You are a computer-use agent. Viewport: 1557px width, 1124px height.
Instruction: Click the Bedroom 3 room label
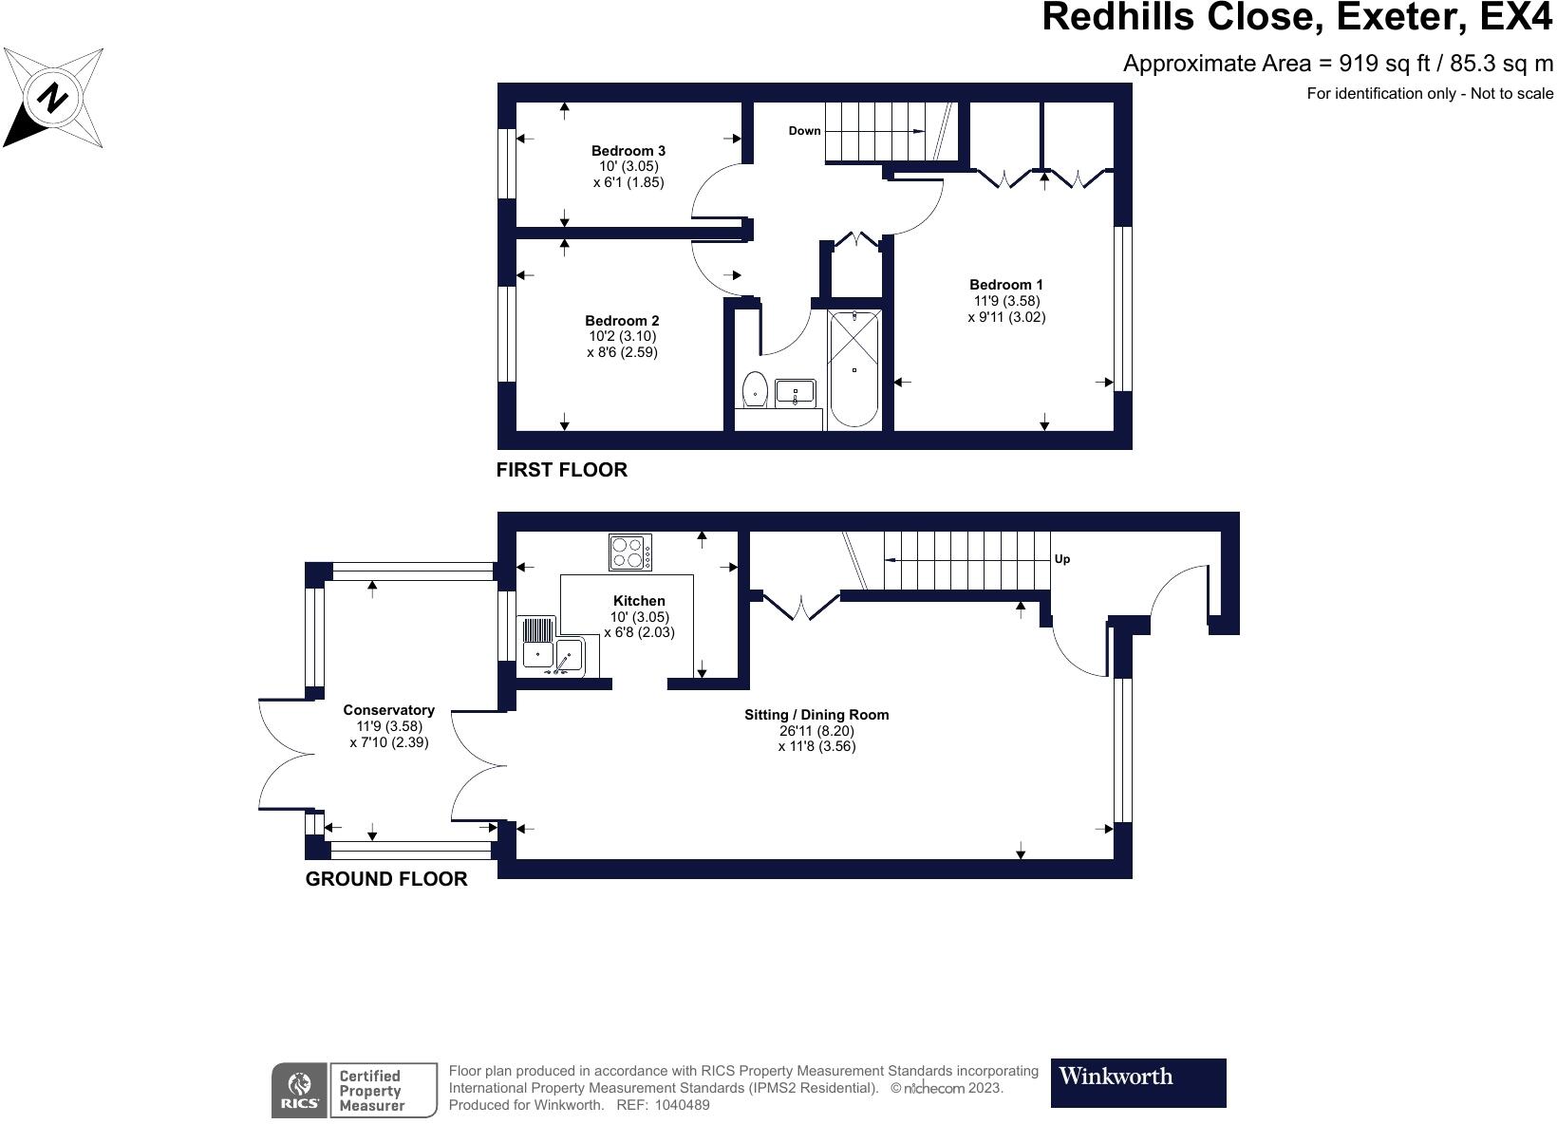tap(628, 151)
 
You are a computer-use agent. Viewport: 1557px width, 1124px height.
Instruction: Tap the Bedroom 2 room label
tap(622, 321)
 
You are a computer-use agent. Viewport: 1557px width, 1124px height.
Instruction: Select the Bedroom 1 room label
tap(1005, 284)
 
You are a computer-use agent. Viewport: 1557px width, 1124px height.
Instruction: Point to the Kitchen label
tap(639, 601)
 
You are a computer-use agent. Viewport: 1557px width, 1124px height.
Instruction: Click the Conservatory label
tap(388, 710)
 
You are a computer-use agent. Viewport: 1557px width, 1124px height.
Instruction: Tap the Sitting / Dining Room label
tap(816, 715)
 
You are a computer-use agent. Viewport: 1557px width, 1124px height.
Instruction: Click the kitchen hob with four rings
tap(630, 552)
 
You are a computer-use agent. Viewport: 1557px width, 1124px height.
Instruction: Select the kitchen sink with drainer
tap(558, 646)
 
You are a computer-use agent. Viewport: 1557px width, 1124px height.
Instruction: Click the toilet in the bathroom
tap(755, 389)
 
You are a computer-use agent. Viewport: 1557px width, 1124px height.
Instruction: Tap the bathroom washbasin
tap(796, 393)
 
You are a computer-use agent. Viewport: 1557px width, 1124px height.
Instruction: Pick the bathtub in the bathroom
tap(854, 369)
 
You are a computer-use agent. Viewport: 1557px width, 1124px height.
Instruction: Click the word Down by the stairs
tap(804, 131)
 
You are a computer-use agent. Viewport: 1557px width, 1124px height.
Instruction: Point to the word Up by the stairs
tap(1062, 559)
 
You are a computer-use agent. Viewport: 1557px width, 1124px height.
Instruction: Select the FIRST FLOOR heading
tap(562, 470)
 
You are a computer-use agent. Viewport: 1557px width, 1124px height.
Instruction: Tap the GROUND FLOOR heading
tap(386, 879)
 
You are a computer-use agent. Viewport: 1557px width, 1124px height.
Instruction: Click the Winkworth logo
tap(1138, 1082)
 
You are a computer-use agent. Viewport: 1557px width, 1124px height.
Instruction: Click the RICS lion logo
tap(300, 1090)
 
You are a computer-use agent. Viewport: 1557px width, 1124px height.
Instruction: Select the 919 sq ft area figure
tap(1384, 64)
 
